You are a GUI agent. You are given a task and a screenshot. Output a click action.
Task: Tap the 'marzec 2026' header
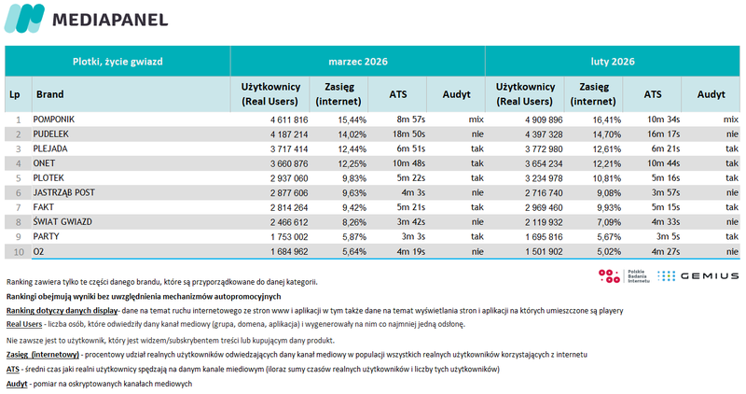tap(358, 62)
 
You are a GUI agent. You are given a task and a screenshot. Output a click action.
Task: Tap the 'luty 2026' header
tap(614, 62)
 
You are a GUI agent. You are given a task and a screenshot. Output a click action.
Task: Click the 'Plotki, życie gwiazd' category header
tap(117, 62)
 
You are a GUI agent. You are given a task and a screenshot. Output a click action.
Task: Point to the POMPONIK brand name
tap(54, 120)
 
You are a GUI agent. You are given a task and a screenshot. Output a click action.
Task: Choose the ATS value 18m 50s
tap(409, 135)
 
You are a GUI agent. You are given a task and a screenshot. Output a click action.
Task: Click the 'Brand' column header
tap(49, 94)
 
